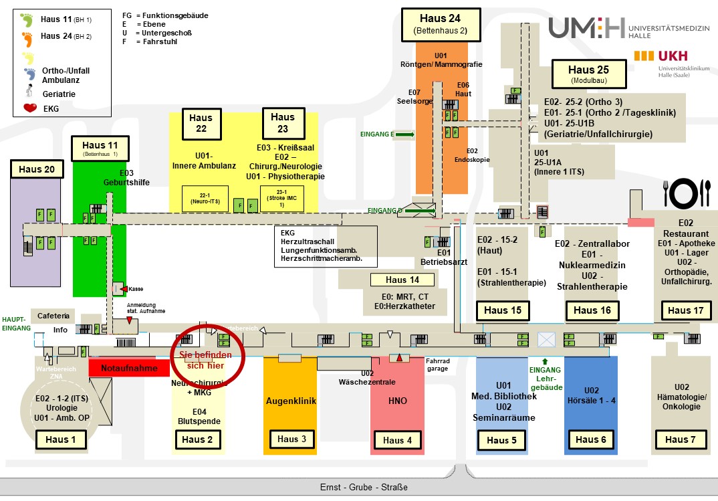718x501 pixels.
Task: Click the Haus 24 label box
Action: click(x=440, y=23)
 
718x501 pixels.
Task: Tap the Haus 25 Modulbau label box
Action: click(x=588, y=73)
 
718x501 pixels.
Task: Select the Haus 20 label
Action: click(x=37, y=169)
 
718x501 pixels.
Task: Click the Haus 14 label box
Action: click(x=404, y=280)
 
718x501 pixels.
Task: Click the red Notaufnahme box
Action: click(x=129, y=368)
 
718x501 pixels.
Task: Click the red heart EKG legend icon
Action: click(x=29, y=108)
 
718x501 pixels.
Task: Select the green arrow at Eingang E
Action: click(x=404, y=134)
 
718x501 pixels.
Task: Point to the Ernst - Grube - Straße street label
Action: click(x=364, y=487)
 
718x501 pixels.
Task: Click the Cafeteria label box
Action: click(x=53, y=316)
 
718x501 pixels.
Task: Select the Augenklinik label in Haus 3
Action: click(x=291, y=401)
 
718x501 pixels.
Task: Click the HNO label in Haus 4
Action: click(x=397, y=401)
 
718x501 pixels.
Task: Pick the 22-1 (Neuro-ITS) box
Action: click(x=205, y=199)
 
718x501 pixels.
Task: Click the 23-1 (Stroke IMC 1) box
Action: click(x=276, y=199)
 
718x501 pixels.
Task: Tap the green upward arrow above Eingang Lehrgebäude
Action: click(x=545, y=362)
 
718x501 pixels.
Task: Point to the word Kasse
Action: click(x=136, y=289)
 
